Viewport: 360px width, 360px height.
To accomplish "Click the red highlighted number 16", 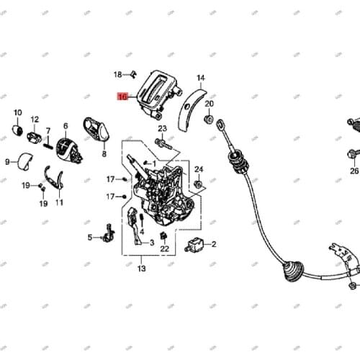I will (122, 96).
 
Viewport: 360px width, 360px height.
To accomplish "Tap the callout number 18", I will (118, 74).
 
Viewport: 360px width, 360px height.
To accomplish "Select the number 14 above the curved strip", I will (201, 78).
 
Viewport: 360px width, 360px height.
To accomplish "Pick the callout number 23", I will (162, 128).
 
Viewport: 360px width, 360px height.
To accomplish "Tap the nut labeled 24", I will (197, 186).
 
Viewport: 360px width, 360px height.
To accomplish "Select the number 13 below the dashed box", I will (141, 269).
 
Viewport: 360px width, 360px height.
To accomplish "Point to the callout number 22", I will (164, 249).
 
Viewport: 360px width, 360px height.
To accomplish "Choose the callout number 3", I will (151, 243).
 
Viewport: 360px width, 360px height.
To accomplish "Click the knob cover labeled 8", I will (96, 130).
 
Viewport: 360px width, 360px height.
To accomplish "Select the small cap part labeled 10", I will (17, 129).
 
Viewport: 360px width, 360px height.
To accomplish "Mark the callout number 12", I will (35, 120).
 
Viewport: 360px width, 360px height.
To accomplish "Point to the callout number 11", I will (59, 202).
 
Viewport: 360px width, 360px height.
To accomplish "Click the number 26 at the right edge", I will (354, 171).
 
